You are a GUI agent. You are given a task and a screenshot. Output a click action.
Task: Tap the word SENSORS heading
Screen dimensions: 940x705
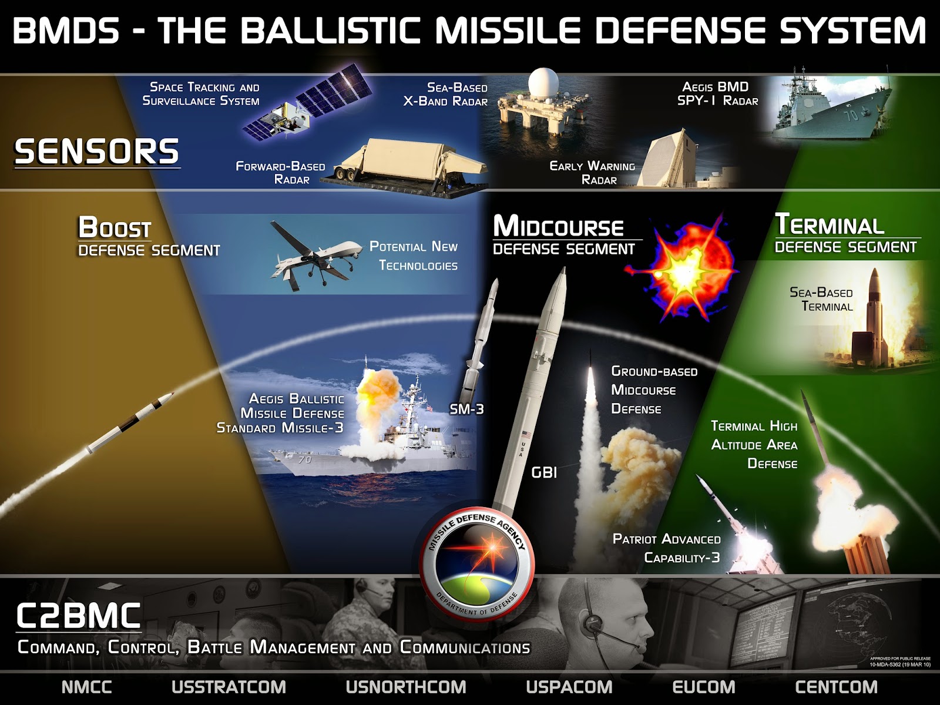(97, 152)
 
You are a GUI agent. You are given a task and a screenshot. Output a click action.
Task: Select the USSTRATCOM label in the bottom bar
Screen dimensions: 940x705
(229, 687)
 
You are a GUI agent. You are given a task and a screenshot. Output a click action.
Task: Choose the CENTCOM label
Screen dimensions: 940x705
(837, 687)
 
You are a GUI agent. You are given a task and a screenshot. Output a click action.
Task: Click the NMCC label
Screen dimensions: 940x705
(87, 687)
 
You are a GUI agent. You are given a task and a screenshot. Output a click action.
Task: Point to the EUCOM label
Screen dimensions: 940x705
(704, 687)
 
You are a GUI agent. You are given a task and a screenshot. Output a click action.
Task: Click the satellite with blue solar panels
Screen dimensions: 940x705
(307, 103)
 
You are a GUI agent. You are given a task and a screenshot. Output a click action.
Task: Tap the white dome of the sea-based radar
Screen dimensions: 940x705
(543, 83)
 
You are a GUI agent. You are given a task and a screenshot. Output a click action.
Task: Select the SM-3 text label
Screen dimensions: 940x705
(466, 409)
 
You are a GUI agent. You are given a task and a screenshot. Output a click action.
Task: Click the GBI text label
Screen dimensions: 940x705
(544, 472)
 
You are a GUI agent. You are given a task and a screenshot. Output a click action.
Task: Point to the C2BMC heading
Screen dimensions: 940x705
(78, 616)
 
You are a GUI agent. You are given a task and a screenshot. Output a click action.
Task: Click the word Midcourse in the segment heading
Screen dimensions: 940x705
(559, 226)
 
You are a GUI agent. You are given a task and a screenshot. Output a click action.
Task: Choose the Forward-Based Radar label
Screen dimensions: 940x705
(281, 173)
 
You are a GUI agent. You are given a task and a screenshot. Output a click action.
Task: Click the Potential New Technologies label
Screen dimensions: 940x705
(414, 256)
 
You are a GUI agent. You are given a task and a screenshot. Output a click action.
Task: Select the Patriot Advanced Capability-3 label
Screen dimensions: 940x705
(667, 548)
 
